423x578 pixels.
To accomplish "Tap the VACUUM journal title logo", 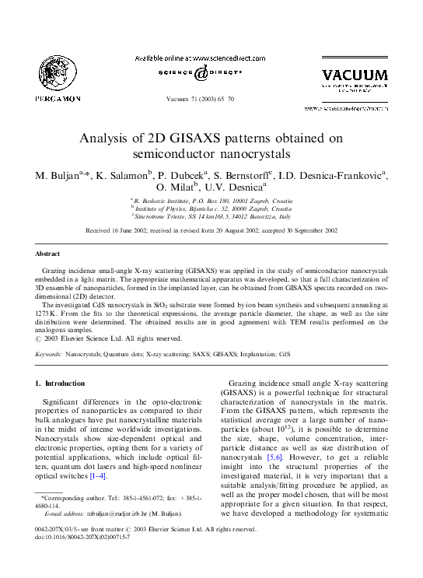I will coord(354,75).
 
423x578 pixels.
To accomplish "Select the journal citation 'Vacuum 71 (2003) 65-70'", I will coord(211,101).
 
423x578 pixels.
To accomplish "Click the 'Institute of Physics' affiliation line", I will coord(211,209).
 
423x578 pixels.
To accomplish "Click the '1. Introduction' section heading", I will coord(61,384).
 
